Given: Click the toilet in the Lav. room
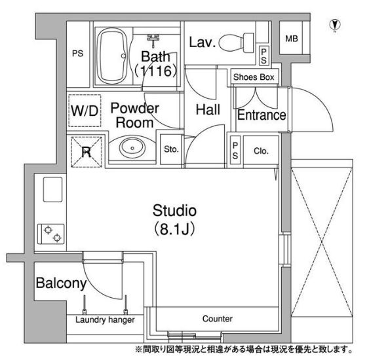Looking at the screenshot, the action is pos(237,43).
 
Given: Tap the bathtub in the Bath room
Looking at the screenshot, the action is pos(112,56).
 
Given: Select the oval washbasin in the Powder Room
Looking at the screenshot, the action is pos(132,147).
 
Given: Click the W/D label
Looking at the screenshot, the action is pos(85,111).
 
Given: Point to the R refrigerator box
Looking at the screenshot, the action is pos(87,152).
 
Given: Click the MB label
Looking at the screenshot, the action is pos(292,39).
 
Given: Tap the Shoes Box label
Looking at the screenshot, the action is pos(254,77).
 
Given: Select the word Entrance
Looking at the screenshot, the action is pos(262,115).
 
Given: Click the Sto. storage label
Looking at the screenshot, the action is pos(171,149).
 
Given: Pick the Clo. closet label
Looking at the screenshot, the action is pos(261,151).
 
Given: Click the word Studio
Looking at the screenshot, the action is pos(174,211).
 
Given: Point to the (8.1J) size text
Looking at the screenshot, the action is pos(174,229).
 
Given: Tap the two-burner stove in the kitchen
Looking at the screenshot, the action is pos(51,234).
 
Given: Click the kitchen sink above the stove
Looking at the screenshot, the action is pos(52,190).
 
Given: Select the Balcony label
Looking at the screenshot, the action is pos(61,283).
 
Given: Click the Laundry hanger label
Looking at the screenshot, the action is pos(105,320).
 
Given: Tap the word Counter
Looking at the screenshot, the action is pos(218,319).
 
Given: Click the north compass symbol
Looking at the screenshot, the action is pos(336,24).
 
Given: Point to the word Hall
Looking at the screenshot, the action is pos(208,110).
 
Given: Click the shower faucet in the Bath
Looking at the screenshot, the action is pos(153,39).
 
